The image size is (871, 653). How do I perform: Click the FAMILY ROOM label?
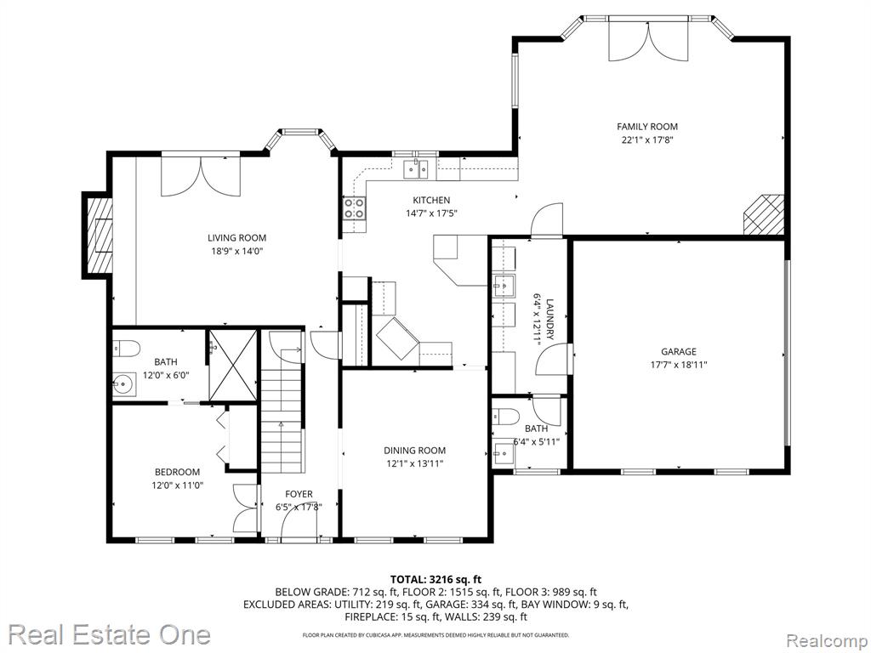coord(647,127)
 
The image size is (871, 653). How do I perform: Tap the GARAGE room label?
coord(678,351)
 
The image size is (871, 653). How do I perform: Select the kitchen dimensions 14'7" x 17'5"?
coord(431,213)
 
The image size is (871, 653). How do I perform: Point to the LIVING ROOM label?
coord(236,238)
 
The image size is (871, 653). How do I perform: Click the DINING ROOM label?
coord(414,451)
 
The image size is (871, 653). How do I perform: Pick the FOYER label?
coord(299,494)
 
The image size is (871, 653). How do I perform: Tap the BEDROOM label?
coord(177,472)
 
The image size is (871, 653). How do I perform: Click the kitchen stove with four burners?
coord(355,208)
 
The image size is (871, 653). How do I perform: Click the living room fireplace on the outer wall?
coord(98,235)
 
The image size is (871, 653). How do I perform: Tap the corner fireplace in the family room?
coord(763,214)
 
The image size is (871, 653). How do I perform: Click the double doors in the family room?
coord(648,39)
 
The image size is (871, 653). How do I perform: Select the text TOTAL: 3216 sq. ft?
coord(435,580)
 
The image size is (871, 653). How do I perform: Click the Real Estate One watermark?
coord(109,634)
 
